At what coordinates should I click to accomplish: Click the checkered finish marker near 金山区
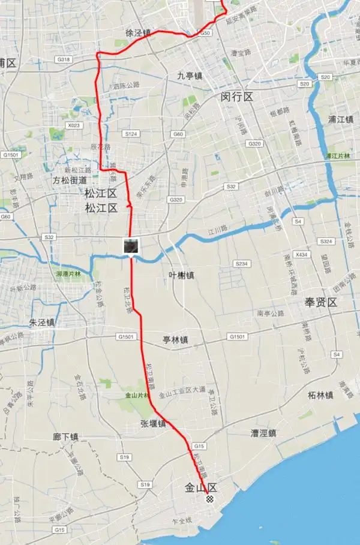coord(209,499)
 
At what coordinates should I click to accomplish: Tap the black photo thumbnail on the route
coord(131,245)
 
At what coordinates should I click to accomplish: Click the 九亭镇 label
coord(190,76)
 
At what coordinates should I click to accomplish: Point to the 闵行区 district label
coord(238,97)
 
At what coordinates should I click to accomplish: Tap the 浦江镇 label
coord(341,119)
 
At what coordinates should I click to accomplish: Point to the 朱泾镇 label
coord(42,323)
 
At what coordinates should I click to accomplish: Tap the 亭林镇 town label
coord(175,340)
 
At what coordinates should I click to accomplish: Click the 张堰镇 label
coord(153,423)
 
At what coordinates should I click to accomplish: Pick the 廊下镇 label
coord(65,437)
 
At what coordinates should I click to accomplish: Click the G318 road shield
coord(62,59)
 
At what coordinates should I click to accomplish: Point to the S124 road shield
coord(131,133)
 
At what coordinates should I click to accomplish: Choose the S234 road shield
coord(242,263)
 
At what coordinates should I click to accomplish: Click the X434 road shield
coord(302,254)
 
